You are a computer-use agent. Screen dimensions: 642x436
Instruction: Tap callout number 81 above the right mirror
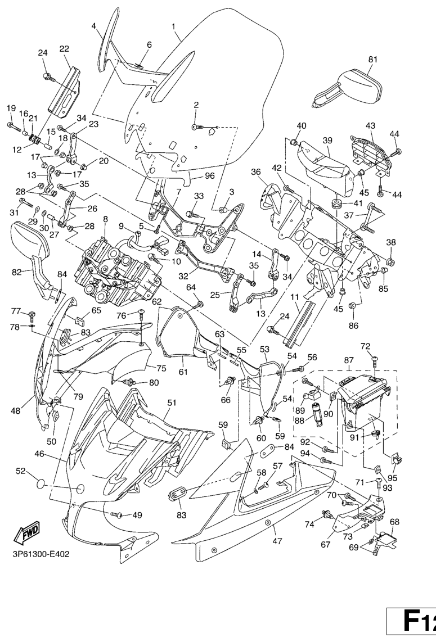pyautogui.click(x=373, y=59)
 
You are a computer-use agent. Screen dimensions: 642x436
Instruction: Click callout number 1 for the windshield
pyautogui.click(x=173, y=26)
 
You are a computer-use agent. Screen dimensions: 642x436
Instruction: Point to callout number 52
pyautogui.click(x=20, y=471)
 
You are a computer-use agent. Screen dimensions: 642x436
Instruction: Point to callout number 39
pyautogui.click(x=327, y=139)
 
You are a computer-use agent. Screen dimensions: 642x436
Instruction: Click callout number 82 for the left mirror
pyautogui.click(x=17, y=272)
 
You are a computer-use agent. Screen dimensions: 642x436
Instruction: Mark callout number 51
pyautogui.click(x=172, y=402)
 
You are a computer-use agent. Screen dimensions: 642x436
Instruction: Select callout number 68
pyautogui.click(x=394, y=521)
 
